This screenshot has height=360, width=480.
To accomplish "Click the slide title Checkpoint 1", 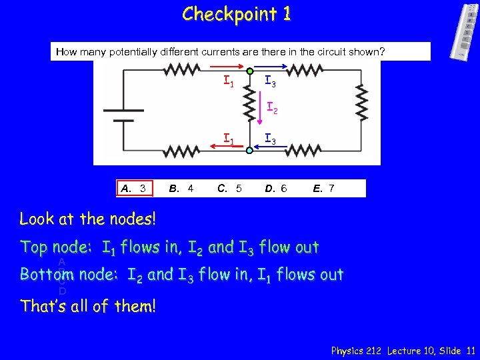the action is [237, 14].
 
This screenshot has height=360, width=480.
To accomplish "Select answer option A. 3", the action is [133, 189].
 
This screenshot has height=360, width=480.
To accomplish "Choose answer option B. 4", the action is [181, 189].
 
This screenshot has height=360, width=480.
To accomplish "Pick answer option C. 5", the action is [229, 189].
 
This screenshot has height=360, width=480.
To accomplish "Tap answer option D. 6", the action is [275, 189].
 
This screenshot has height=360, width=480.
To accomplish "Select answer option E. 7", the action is [323, 189].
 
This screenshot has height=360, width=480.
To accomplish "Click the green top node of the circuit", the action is [249, 71].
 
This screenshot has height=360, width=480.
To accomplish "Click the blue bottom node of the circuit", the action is [249, 151].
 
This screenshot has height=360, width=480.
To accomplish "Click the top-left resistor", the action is [181, 70].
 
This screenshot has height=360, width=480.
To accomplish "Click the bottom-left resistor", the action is [182, 151].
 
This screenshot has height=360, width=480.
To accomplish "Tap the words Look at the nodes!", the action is [88, 218].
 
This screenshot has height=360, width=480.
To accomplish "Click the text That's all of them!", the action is [87, 306].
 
